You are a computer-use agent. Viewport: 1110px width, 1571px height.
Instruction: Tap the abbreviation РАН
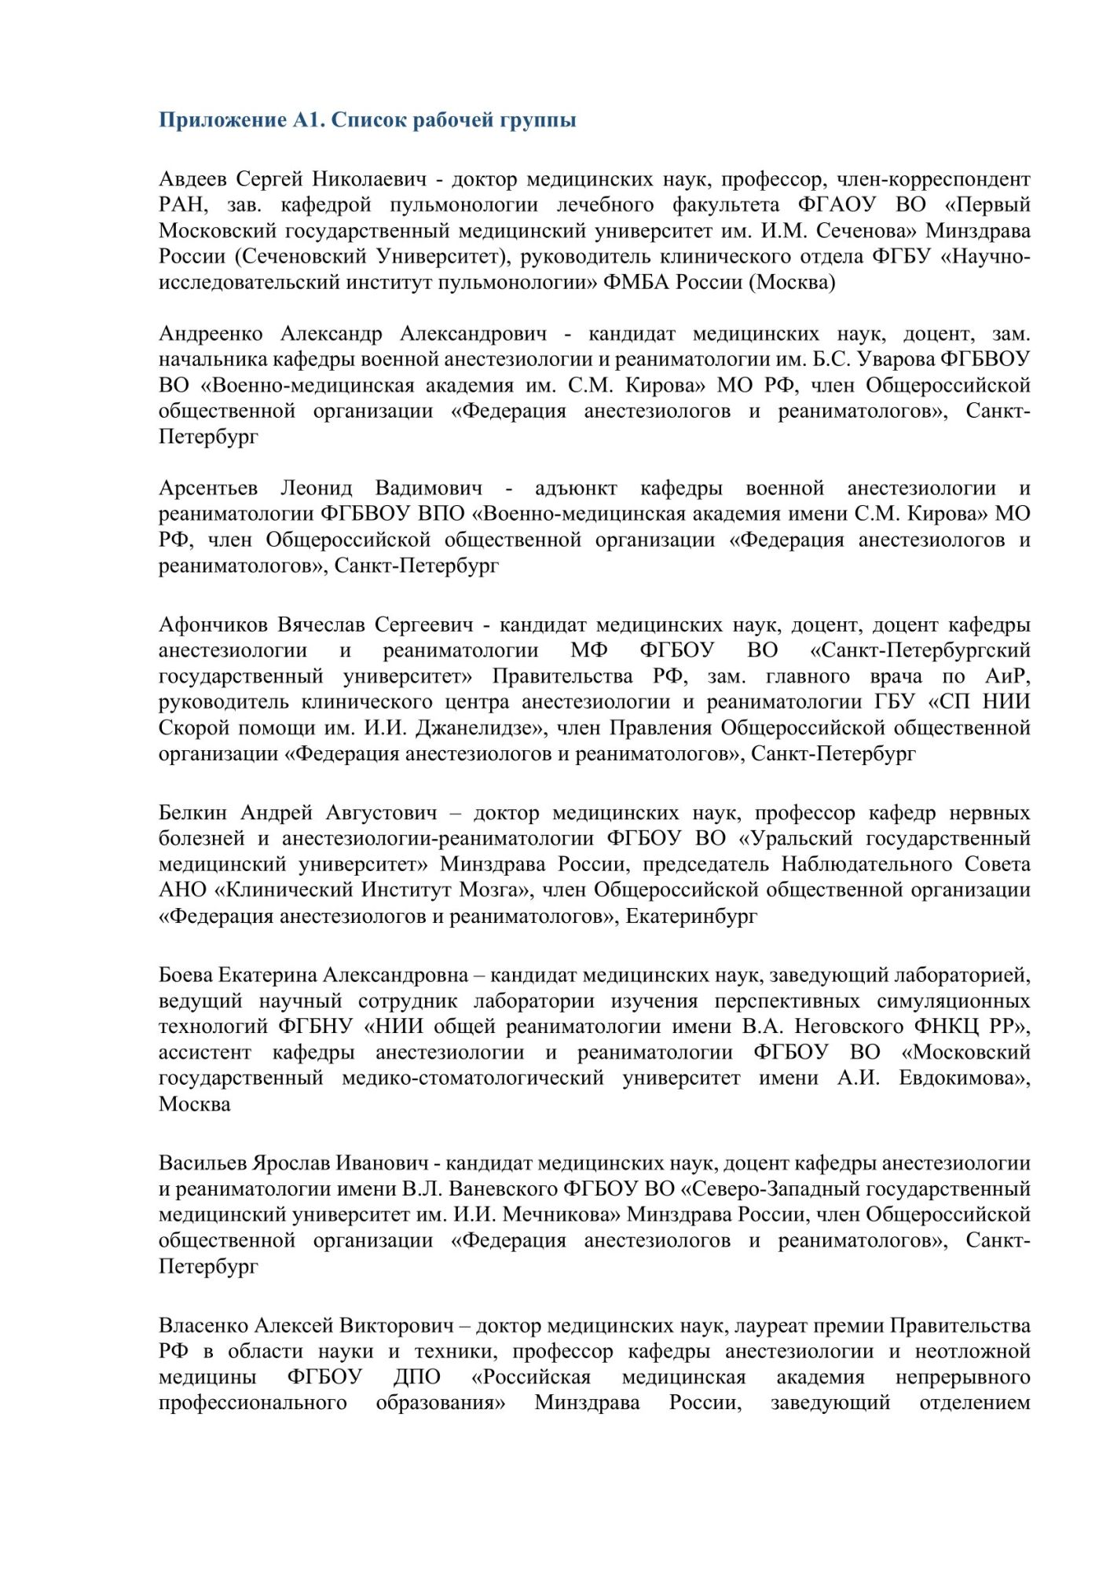tap(182, 206)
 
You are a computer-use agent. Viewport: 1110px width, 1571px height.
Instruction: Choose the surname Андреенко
tap(211, 335)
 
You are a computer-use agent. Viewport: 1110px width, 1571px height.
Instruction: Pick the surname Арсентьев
tap(208, 489)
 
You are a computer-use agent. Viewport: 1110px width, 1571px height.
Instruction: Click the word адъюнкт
tap(575, 489)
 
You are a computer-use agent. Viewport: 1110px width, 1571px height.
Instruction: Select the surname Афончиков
tap(214, 625)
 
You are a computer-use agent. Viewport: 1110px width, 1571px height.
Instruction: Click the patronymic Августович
tap(382, 813)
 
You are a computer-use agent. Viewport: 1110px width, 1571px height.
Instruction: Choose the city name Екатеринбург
tap(691, 916)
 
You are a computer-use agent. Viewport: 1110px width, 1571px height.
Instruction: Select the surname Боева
tap(185, 976)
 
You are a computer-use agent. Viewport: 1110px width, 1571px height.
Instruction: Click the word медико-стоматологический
tap(473, 1078)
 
